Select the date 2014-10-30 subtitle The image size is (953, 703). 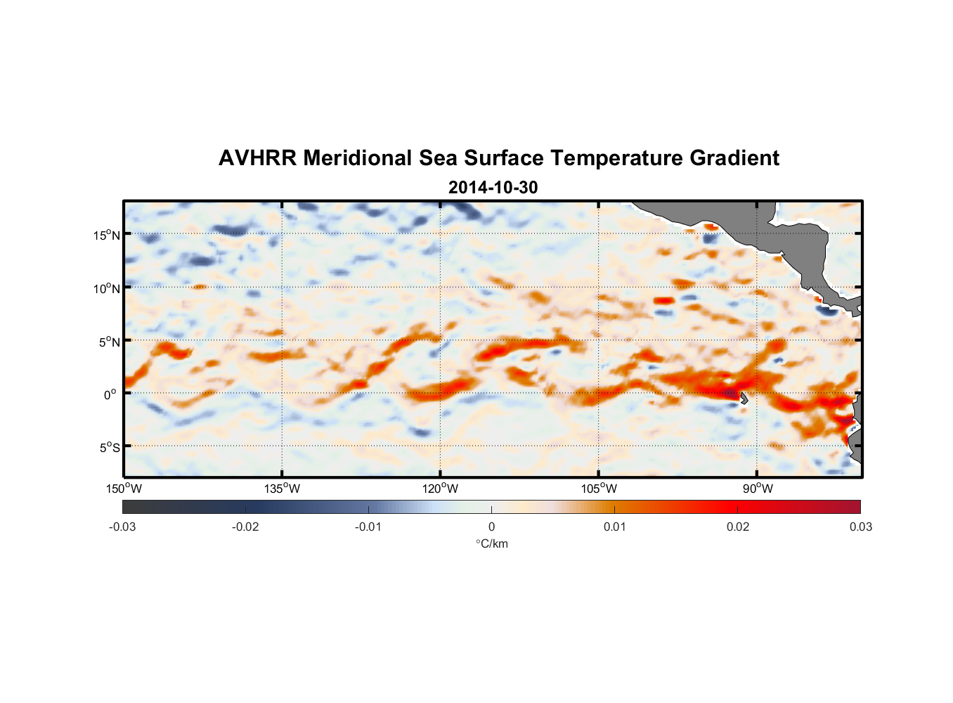(493, 188)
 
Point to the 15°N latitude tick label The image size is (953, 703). (106, 235)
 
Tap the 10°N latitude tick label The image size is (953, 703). (106, 288)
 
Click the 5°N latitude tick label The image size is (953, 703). (108, 342)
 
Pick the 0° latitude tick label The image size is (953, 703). (110, 394)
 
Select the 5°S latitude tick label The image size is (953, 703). (108, 447)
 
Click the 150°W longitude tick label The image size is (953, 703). (124, 489)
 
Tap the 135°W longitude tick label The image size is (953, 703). (282, 489)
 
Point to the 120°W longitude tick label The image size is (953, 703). (440, 489)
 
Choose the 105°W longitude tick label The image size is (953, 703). (599, 489)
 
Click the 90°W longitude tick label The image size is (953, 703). (758, 489)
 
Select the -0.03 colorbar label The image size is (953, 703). (122, 527)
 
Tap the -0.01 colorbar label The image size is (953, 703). (368, 527)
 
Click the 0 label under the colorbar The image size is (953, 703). (491, 527)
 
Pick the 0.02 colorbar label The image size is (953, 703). (738, 527)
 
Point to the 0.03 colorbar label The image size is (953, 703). (860, 527)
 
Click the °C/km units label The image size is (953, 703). (491, 543)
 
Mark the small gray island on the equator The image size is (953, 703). (744, 398)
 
